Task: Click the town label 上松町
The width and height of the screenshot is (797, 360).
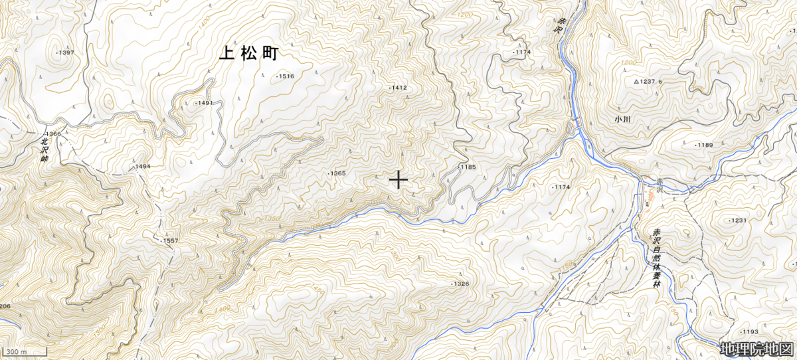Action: tap(250, 54)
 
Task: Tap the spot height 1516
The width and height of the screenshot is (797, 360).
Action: tap(286, 76)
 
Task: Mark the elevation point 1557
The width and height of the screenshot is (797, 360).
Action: tap(169, 240)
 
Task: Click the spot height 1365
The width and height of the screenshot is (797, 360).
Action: tap(337, 173)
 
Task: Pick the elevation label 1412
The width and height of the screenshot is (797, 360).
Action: tap(398, 88)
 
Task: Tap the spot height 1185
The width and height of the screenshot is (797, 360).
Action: tap(468, 167)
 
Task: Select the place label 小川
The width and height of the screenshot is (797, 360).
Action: tap(622, 120)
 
